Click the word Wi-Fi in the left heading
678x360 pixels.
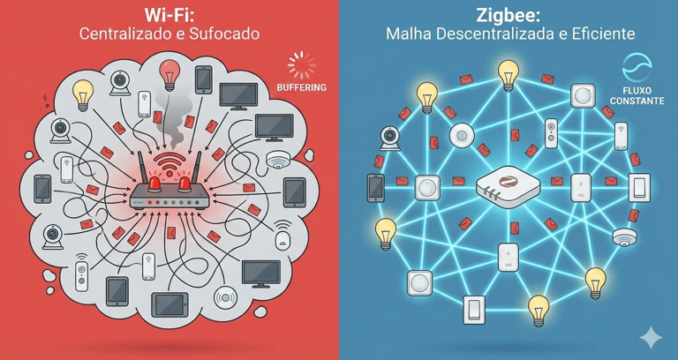[x=169, y=16]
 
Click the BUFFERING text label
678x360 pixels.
[x=301, y=87]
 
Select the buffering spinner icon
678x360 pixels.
[x=301, y=65]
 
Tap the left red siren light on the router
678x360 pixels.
[x=153, y=183]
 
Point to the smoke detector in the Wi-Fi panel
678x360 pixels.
[x=279, y=160]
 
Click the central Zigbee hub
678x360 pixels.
[x=507, y=186]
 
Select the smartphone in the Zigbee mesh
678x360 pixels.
[x=375, y=186]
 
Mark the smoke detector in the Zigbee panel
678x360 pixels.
[x=624, y=236]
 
